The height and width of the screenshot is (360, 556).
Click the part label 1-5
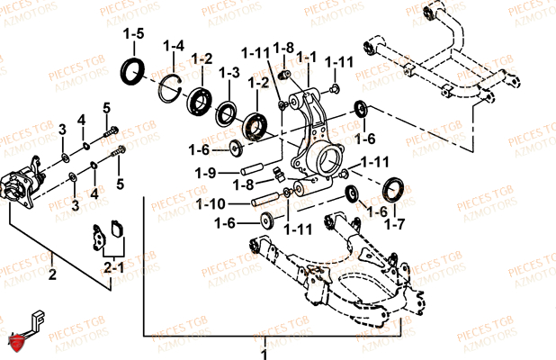tap(133, 34)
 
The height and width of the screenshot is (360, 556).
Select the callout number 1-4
tap(174, 46)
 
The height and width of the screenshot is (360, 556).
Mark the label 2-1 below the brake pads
tap(112, 267)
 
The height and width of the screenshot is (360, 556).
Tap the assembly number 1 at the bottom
tap(265, 344)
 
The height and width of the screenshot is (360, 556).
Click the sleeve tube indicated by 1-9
tap(253, 168)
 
